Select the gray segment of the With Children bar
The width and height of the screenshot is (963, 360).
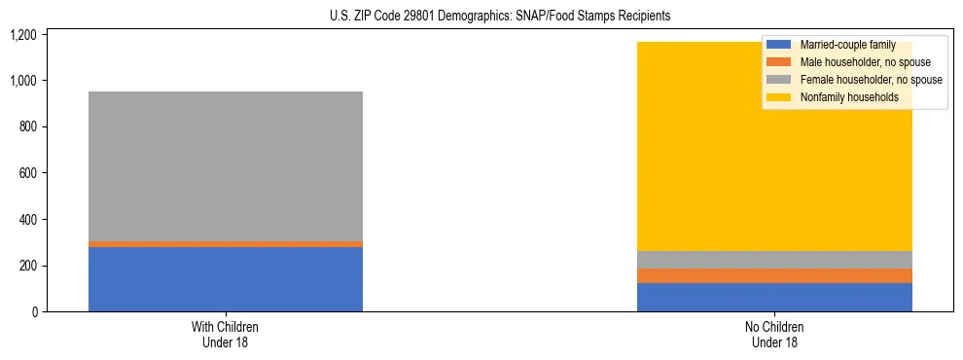click(226, 165)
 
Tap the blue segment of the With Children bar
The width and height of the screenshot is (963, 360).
click(226, 279)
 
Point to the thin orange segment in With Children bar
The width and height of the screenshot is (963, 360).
click(226, 244)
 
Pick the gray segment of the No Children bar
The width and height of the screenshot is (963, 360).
click(774, 260)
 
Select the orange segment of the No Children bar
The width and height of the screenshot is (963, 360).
click(774, 275)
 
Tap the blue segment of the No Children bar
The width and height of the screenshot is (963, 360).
click(774, 297)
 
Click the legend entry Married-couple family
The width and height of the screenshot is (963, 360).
click(842, 45)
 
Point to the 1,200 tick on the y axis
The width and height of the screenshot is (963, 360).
click(23, 34)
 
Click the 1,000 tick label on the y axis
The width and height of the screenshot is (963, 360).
click(23, 81)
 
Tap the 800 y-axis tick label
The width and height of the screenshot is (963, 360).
click(27, 126)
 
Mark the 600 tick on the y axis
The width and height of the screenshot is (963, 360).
click(27, 173)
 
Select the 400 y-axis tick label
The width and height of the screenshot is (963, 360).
click(27, 220)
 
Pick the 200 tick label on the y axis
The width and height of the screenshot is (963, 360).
click(27, 266)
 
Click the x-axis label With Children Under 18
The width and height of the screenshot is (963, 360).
click(226, 334)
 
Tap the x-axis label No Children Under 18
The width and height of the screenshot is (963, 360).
click(774, 334)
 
